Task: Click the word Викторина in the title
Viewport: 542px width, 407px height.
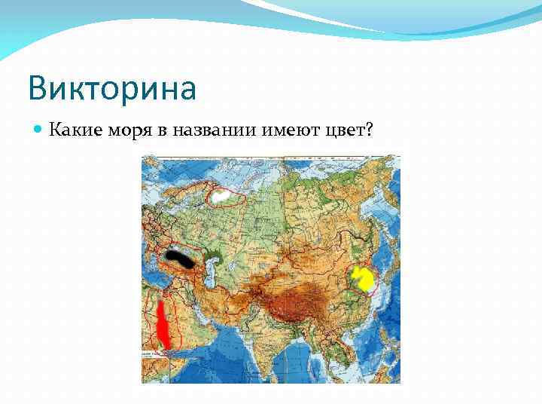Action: [x=112, y=87]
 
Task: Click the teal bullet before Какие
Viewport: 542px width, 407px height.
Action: [x=38, y=130]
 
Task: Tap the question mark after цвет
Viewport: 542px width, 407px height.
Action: [x=369, y=130]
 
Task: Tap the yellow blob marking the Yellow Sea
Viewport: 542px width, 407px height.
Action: [x=365, y=279]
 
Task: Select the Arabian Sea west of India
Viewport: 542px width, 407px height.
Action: [x=226, y=354]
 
